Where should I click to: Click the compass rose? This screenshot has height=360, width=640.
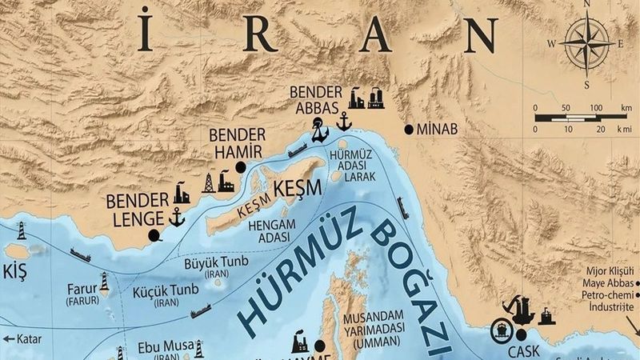pos(587,45)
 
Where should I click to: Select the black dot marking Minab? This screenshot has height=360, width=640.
pos(410,129)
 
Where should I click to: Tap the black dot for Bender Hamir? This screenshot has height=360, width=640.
pos(240,167)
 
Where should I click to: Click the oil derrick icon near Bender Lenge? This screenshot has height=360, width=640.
pos(209,182)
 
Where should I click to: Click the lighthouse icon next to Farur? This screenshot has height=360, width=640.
pos(104,281)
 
